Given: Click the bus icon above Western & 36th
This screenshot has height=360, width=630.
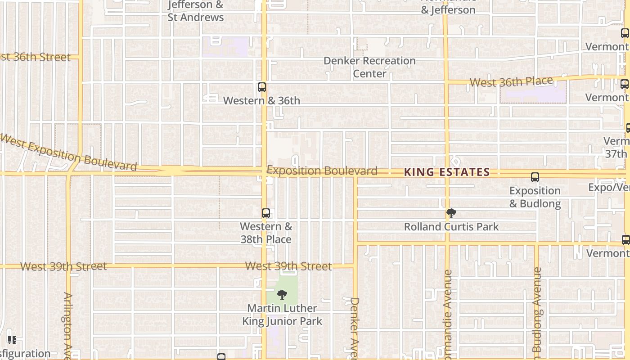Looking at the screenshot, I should [262, 87].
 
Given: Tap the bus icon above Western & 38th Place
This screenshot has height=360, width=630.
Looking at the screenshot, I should [266, 213].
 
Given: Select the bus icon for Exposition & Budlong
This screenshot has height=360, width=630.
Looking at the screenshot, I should [535, 177].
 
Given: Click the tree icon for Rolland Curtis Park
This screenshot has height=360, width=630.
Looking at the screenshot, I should [451, 213].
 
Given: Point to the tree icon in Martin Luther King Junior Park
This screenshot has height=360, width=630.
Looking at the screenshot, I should [282, 295].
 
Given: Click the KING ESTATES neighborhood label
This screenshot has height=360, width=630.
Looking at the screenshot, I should [447, 172].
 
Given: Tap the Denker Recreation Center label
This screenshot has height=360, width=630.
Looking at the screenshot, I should [369, 67].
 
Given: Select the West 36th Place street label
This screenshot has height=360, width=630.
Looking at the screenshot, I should [511, 82].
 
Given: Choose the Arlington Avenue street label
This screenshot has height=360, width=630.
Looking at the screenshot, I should [68, 325].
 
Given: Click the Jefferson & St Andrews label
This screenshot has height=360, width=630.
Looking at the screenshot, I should [196, 11].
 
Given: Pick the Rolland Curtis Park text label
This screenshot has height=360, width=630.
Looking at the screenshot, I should [451, 227].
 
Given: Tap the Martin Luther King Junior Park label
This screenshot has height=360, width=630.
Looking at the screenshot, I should [282, 315].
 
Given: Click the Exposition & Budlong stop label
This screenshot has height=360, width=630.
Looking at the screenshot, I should [535, 197].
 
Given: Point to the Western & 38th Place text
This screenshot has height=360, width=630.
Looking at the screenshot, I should [266, 233].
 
